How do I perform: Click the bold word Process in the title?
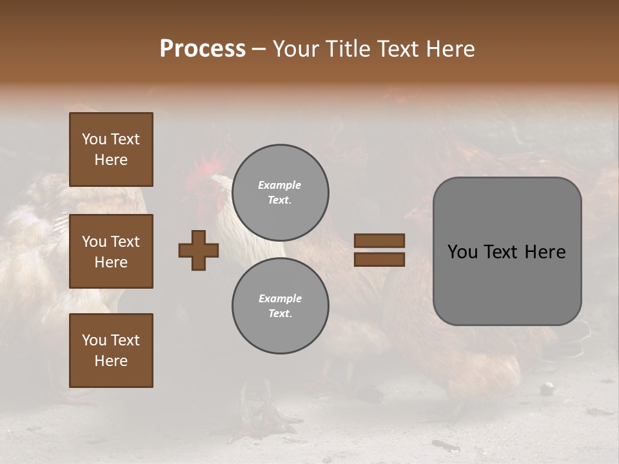pyautogui.click(x=202, y=49)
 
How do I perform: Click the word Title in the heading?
pyautogui.click(x=346, y=49)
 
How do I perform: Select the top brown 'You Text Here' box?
pyautogui.click(x=111, y=150)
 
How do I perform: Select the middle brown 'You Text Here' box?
pyautogui.click(x=111, y=251)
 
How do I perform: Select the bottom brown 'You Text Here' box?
pyautogui.click(x=111, y=351)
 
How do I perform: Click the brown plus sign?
pyautogui.click(x=199, y=250)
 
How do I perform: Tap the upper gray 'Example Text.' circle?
pyautogui.click(x=280, y=193)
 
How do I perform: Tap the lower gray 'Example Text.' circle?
pyautogui.click(x=280, y=306)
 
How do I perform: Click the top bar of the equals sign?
pyautogui.click(x=379, y=240)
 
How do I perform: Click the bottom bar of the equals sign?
pyautogui.click(x=379, y=259)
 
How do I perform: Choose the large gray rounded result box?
pyautogui.click(x=507, y=251)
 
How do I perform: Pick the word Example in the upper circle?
pyautogui.click(x=279, y=185)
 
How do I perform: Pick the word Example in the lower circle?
pyautogui.click(x=279, y=298)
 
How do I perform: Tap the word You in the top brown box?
pyautogui.click(x=93, y=139)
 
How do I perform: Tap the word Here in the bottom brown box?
pyautogui.click(x=111, y=361)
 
